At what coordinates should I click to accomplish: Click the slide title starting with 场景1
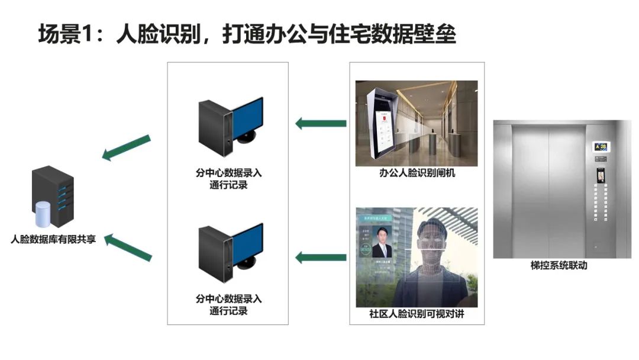click(x=247, y=34)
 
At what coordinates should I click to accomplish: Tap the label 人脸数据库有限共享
click(x=53, y=240)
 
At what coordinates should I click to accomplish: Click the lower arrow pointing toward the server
click(x=128, y=247)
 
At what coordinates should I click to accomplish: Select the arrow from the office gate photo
click(x=321, y=123)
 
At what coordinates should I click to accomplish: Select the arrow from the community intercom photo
click(x=321, y=257)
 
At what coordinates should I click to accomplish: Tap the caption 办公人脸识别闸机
click(x=417, y=174)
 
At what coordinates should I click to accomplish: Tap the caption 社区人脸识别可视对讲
click(x=417, y=314)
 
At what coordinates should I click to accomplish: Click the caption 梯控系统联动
click(x=559, y=266)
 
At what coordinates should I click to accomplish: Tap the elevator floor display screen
click(x=601, y=146)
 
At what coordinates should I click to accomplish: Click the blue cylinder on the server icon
click(x=43, y=214)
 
